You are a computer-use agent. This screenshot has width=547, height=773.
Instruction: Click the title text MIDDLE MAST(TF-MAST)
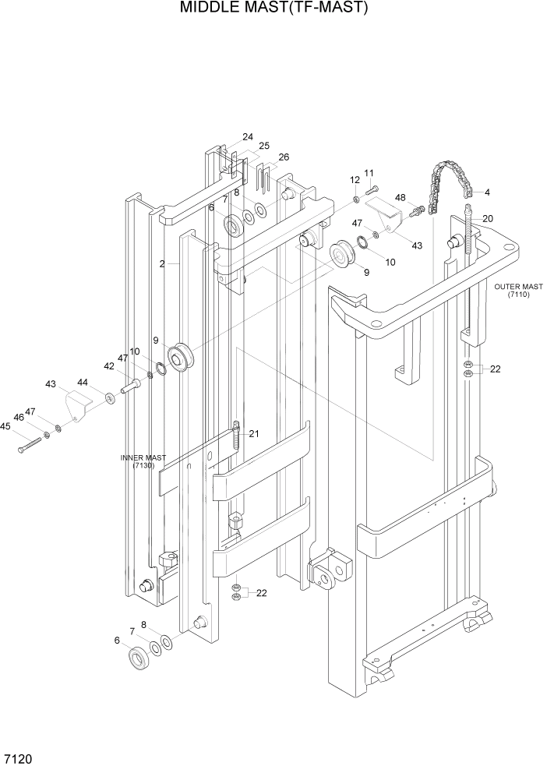(x=273, y=9)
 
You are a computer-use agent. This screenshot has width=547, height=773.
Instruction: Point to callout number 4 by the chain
(x=487, y=192)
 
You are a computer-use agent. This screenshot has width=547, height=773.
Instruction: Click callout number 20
(x=488, y=219)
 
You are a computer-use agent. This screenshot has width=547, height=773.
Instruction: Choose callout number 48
(x=401, y=198)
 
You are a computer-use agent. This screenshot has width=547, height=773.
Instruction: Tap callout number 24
(x=248, y=136)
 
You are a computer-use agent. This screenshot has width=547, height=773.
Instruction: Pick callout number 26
(x=284, y=157)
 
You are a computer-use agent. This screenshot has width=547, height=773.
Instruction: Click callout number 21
(x=253, y=434)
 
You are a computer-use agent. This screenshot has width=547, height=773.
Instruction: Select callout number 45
(x=5, y=426)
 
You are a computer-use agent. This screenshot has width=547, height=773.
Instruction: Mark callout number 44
(x=83, y=382)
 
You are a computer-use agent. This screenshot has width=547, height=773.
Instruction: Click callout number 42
(x=109, y=365)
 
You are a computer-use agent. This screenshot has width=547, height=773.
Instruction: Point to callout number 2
(x=162, y=264)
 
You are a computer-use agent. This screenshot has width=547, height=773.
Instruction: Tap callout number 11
(x=369, y=173)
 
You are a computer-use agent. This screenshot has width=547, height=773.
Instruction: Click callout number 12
(x=355, y=181)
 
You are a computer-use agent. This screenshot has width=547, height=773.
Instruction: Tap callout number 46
(x=18, y=418)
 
